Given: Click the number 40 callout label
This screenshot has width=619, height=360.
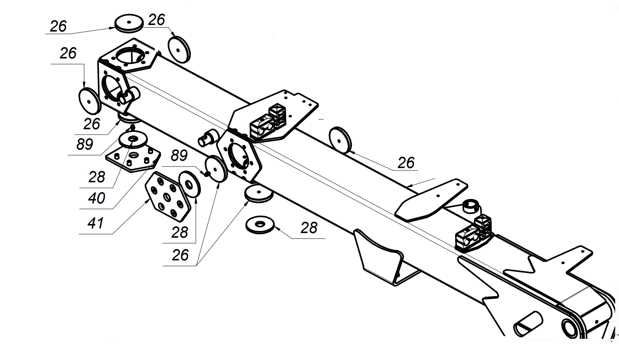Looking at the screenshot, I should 97,198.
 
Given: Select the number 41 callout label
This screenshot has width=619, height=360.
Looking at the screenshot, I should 95,223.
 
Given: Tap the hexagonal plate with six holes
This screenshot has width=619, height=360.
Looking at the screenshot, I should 168,197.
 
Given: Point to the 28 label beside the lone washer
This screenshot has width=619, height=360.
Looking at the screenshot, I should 309,228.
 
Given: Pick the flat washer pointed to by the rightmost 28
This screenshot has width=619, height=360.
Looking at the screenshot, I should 260,224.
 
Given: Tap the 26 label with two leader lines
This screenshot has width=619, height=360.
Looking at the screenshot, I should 180,255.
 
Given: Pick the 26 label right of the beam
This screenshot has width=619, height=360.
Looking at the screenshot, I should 406,163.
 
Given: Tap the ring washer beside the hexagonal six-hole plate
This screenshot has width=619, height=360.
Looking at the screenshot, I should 190,184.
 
